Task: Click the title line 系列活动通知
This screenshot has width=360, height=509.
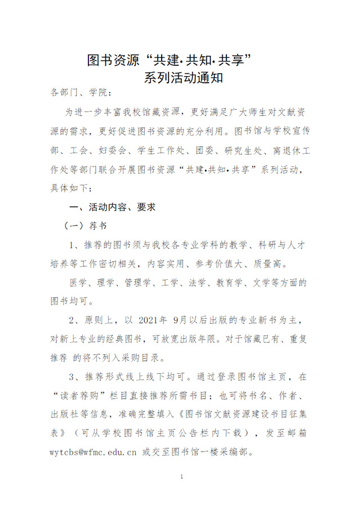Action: tap(183, 78)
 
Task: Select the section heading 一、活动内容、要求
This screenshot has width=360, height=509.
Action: tap(112, 207)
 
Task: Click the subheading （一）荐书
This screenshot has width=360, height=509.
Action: tap(85, 226)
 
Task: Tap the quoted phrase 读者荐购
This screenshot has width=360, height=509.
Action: tap(76, 396)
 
